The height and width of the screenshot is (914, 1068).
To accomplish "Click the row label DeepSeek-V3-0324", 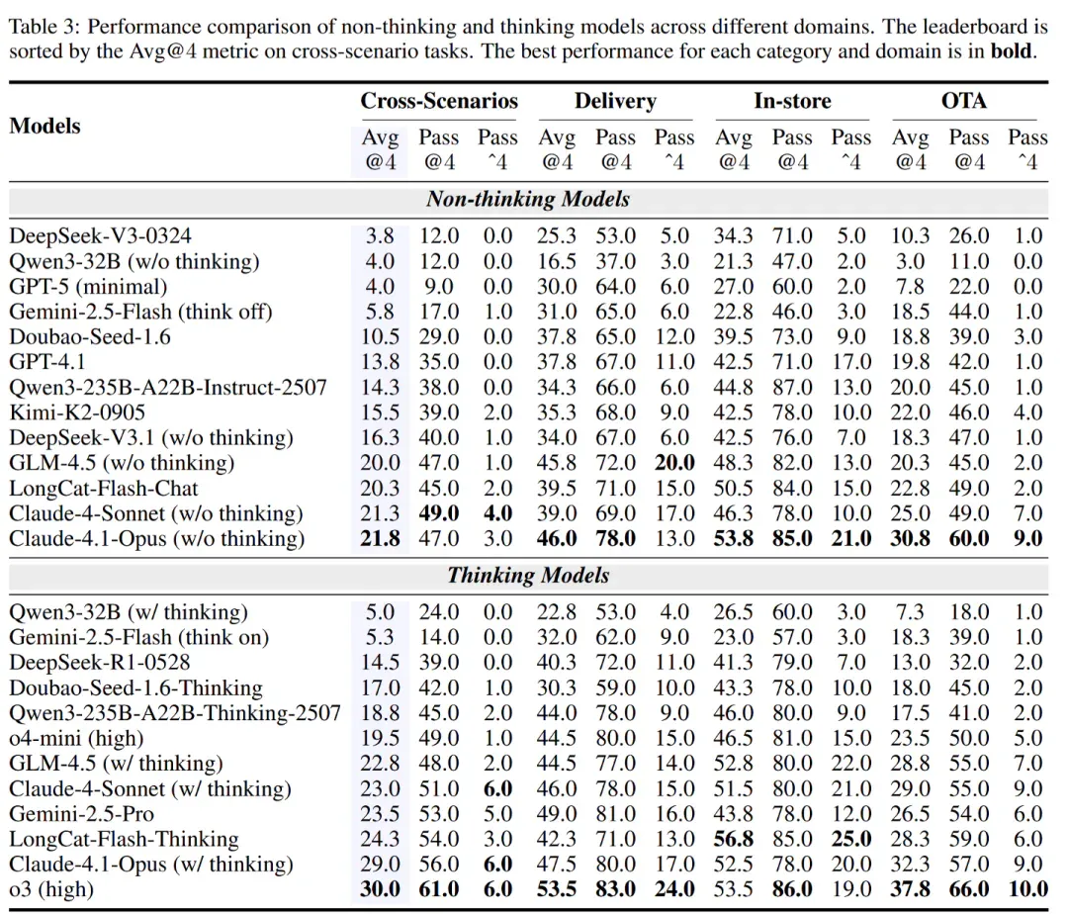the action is point(100,235).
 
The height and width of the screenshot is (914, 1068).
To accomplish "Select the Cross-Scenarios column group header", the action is point(439,101).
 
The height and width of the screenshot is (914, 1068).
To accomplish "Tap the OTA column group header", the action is point(963,101).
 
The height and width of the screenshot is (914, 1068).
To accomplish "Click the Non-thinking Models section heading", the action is point(528,199).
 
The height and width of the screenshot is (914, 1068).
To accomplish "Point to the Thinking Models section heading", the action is point(528,576).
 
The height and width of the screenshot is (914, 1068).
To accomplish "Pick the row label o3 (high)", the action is point(51,889).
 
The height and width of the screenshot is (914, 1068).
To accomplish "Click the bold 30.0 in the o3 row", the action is point(380,889).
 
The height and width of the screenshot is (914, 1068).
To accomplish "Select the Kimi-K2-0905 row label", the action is point(77,412).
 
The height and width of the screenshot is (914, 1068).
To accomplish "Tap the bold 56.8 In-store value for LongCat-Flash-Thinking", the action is point(734,839).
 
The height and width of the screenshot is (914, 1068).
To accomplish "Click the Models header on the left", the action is point(44,126).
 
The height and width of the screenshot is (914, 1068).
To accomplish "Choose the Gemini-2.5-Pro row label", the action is point(81,814).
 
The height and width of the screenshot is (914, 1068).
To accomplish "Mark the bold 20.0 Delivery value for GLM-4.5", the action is point(674,463).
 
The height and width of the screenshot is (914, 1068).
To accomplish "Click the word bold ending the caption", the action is point(1011,51).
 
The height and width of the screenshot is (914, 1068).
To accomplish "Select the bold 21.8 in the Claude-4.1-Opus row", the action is point(380,539).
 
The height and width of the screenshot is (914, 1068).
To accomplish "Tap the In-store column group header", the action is point(792,101).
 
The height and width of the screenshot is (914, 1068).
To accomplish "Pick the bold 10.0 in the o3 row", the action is point(1027,889).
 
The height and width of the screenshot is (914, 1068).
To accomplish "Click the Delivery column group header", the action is point(615,101).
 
